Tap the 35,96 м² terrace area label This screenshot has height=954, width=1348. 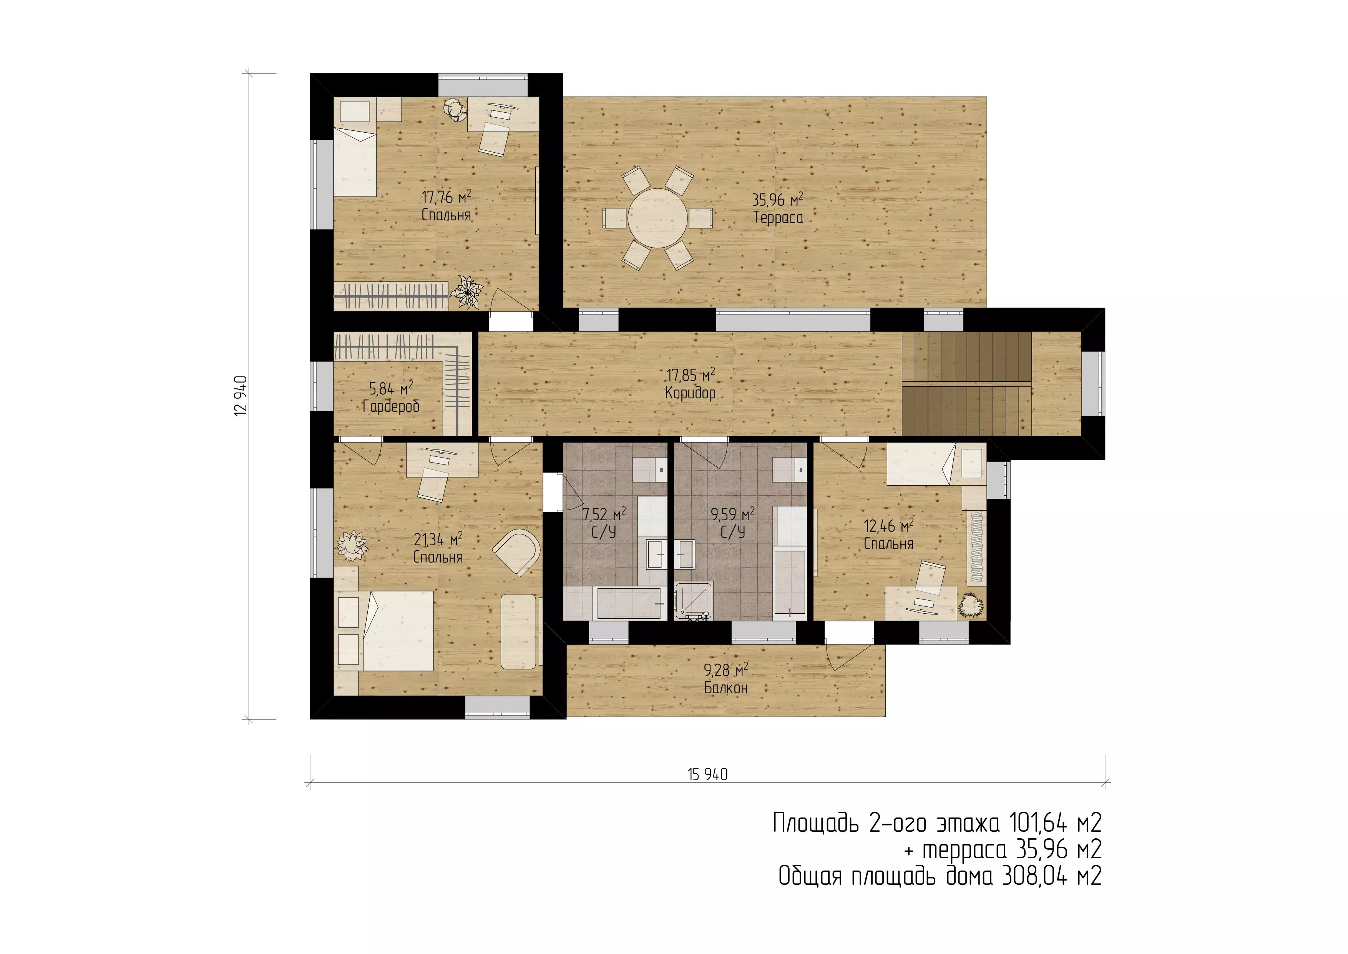pyautogui.click(x=777, y=200)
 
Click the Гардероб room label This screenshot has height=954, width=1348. pyautogui.click(x=391, y=406)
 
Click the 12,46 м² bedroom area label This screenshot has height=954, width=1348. pyautogui.click(x=888, y=526)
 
